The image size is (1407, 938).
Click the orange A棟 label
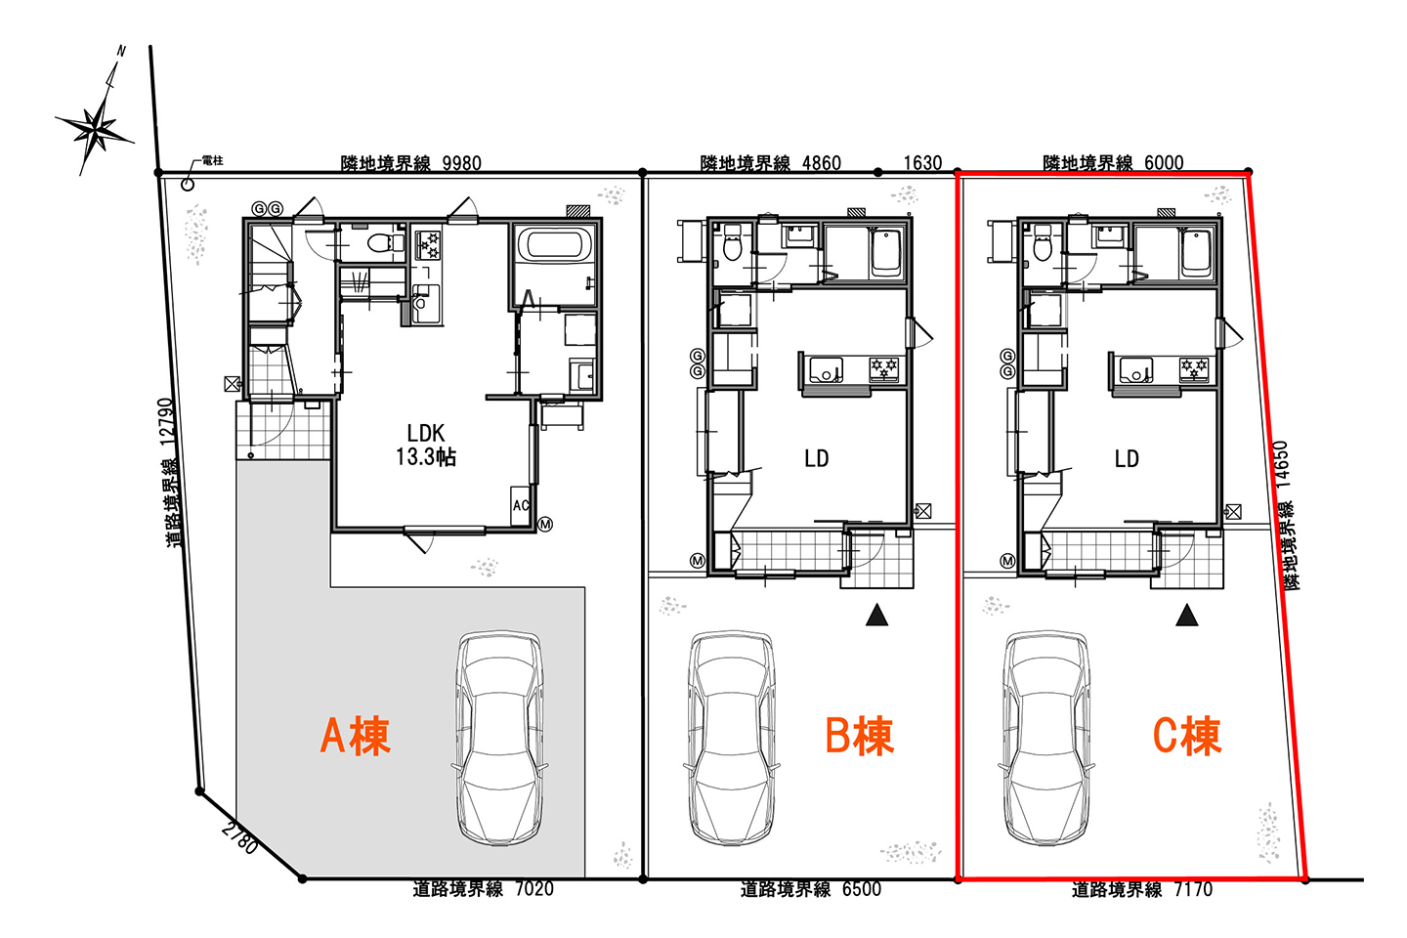point(355,736)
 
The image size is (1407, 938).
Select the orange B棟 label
point(859,736)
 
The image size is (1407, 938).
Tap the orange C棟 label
point(1186,736)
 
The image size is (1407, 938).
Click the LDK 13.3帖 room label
point(426,445)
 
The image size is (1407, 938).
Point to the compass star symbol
point(96,129)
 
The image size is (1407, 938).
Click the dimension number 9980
point(461,163)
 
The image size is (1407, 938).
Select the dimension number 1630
point(922,163)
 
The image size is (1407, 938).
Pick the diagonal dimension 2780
point(239,838)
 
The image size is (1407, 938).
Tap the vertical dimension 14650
point(1281,464)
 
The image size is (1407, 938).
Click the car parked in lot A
point(499,739)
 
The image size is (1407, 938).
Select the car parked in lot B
point(732,739)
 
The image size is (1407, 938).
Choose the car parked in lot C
point(1046,739)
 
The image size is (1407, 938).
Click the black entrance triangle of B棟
point(876,616)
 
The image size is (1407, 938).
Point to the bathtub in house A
point(555,244)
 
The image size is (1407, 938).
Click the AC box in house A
point(520,505)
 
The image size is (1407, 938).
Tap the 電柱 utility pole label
point(212,161)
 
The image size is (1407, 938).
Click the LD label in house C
point(1127,458)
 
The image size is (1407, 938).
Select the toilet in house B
point(732,242)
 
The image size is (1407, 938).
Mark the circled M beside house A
point(545,524)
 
